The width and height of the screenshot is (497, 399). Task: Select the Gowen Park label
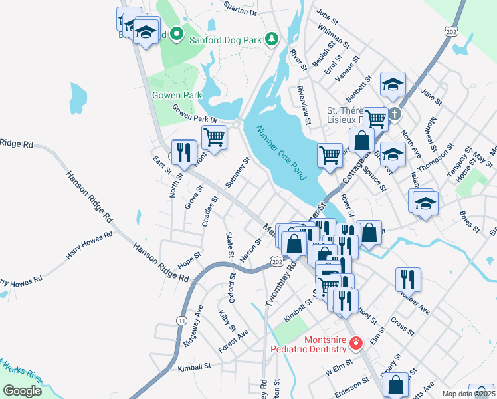coord(177,95)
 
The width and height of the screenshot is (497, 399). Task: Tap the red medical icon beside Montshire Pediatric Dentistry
coord(356,343)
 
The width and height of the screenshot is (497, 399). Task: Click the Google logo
coord(22,391)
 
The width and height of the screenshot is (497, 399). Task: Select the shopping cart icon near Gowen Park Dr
coord(214,137)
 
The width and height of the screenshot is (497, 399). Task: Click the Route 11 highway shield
coord(181,321)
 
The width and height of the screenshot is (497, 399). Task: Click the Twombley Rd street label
coord(279,287)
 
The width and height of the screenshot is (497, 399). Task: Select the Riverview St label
coord(304,105)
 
